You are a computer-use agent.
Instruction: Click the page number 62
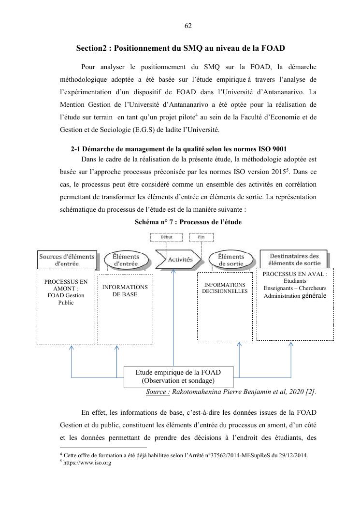click(188, 26)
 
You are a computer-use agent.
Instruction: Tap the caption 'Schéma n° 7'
click(188, 222)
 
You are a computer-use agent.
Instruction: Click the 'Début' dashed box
click(167, 237)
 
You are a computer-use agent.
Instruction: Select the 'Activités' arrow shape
click(178, 260)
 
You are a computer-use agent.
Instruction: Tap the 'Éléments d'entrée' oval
click(125, 260)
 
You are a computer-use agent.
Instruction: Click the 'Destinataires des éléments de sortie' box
click(294, 259)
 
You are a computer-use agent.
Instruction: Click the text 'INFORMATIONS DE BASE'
click(125, 291)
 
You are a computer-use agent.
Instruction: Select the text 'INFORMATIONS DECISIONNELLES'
click(225, 288)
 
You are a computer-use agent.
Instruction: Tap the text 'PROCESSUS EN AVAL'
click(295, 274)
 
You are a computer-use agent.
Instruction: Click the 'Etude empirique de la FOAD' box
click(178, 376)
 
